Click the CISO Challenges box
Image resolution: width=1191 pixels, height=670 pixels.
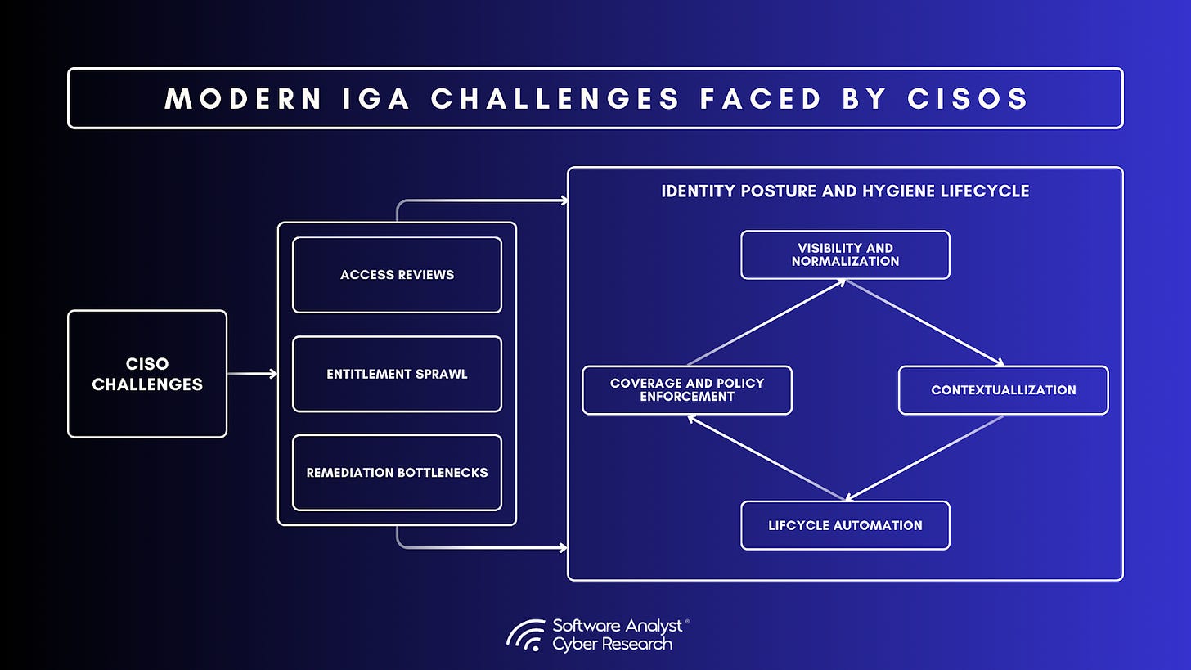coord(147,374)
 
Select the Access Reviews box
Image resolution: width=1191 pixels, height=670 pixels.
coord(397,275)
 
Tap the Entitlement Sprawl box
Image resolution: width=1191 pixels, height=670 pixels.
coord(397,374)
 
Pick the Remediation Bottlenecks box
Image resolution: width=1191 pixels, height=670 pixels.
coord(397,473)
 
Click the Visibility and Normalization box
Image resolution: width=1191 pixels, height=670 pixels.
coord(845,254)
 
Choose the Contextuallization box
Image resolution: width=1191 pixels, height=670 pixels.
coord(1003,390)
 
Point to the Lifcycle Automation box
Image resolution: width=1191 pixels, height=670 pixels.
coord(845,525)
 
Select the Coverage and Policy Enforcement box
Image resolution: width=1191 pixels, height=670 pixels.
coord(687,390)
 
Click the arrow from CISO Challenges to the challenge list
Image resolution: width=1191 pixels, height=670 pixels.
coord(252,374)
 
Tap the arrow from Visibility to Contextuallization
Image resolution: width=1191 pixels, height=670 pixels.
coord(924,322)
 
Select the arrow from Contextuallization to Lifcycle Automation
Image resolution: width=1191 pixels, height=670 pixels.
coord(924,458)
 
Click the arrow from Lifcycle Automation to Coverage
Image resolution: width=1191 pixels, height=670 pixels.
coord(766,458)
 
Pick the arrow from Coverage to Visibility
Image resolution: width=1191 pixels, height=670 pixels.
coord(766,322)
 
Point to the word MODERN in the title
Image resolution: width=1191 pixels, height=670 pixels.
coord(243,98)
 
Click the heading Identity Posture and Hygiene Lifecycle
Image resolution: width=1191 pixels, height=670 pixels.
coord(845,191)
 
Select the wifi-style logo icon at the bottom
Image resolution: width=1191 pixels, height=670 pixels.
coord(526,635)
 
